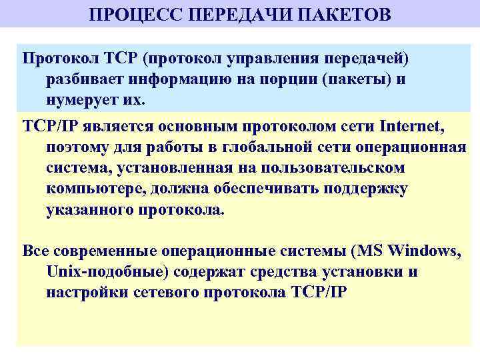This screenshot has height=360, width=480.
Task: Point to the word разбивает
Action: click(87, 79)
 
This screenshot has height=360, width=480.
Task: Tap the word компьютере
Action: click(95, 189)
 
